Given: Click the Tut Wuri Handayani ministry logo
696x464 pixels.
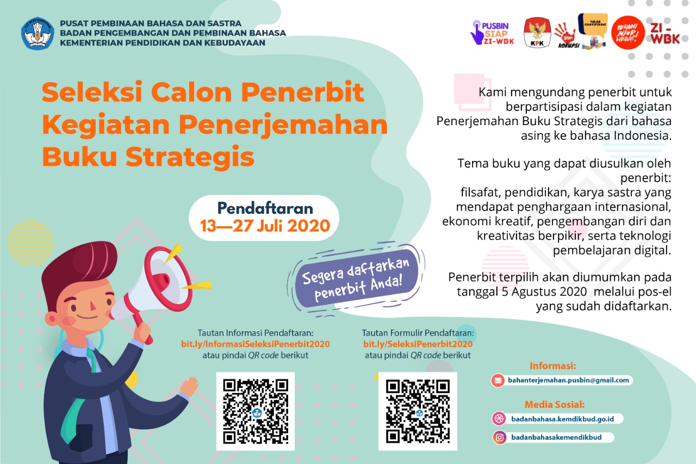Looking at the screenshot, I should tap(38, 34).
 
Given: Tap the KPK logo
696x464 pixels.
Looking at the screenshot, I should tap(537, 33).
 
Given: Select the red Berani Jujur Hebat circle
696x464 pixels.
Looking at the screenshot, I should tap(627, 32).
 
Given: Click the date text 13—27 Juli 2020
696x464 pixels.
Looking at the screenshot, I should tap(265, 225).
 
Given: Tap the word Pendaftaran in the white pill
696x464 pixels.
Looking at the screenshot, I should tap(265, 208).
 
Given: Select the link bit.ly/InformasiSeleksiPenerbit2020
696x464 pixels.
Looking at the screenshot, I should tap(256, 344).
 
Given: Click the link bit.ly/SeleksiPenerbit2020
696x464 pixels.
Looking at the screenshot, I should tap(418, 344).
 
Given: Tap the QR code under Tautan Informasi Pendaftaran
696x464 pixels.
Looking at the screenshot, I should tap(256, 411).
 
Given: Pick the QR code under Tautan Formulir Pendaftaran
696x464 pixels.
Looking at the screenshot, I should tap(418, 411).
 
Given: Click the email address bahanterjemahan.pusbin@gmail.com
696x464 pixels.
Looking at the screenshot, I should tap(569, 380).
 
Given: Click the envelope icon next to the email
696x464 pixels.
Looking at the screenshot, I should tap(498, 380).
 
